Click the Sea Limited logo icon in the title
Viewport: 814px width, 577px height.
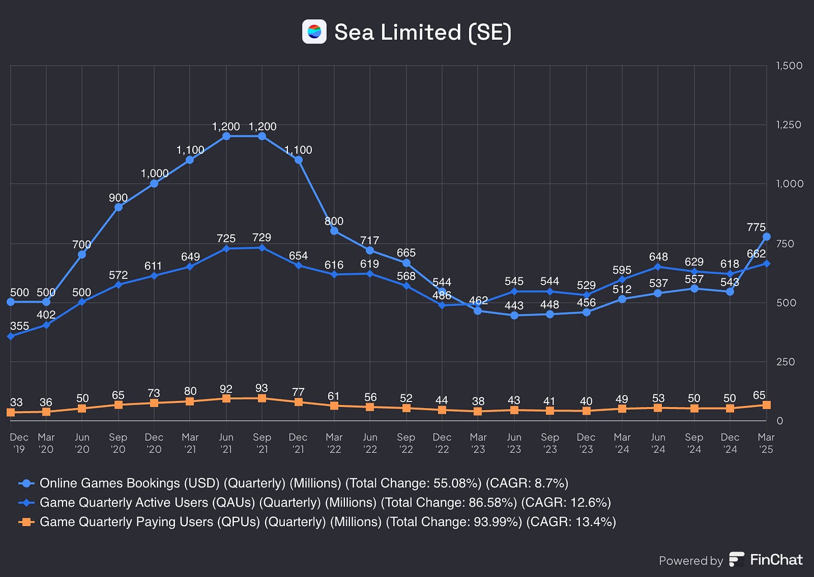click(314, 32)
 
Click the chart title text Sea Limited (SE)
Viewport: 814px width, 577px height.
click(423, 32)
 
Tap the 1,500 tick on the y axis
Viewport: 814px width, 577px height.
click(789, 65)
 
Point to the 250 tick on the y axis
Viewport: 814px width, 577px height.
click(786, 362)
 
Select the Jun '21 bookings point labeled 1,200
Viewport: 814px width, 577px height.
click(226, 136)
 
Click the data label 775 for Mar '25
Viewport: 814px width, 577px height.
click(756, 227)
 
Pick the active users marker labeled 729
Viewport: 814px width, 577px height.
click(262, 248)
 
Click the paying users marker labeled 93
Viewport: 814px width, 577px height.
click(262, 398)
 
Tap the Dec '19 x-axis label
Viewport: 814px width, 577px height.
click(19, 443)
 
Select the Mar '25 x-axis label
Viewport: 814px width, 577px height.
click(766, 443)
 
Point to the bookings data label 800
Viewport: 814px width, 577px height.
click(334, 221)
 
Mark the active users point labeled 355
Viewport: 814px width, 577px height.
click(11, 336)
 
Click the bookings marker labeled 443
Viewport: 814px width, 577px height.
click(514, 315)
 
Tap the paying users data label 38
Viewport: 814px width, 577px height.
click(477, 401)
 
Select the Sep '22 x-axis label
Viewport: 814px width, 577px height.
click(406, 443)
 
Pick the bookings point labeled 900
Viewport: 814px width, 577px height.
click(119, 207)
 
